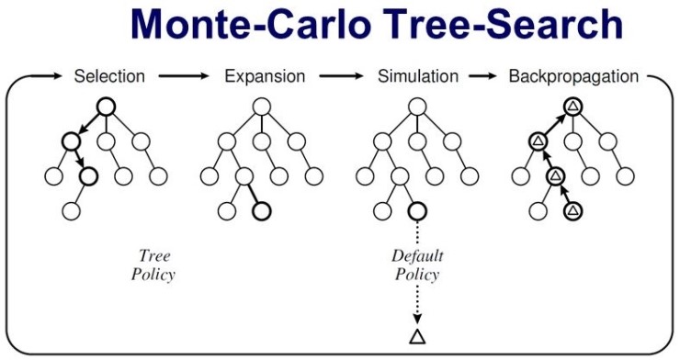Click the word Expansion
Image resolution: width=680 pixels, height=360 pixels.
tap(264, 75)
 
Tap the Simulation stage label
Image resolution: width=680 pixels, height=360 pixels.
tap(418, 75)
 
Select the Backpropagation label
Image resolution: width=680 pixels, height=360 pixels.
tap(573, 75)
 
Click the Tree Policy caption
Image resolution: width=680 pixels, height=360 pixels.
tap(154, 264)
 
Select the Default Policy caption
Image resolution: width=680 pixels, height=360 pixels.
tap(416, 264)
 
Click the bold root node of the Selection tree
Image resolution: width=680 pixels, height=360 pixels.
tap(105, 107)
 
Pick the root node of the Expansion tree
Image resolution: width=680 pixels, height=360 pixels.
tap(262, 107)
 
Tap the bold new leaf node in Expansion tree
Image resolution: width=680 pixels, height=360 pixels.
tap(262, 210)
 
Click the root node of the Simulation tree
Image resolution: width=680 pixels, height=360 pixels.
tap(416, 107)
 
